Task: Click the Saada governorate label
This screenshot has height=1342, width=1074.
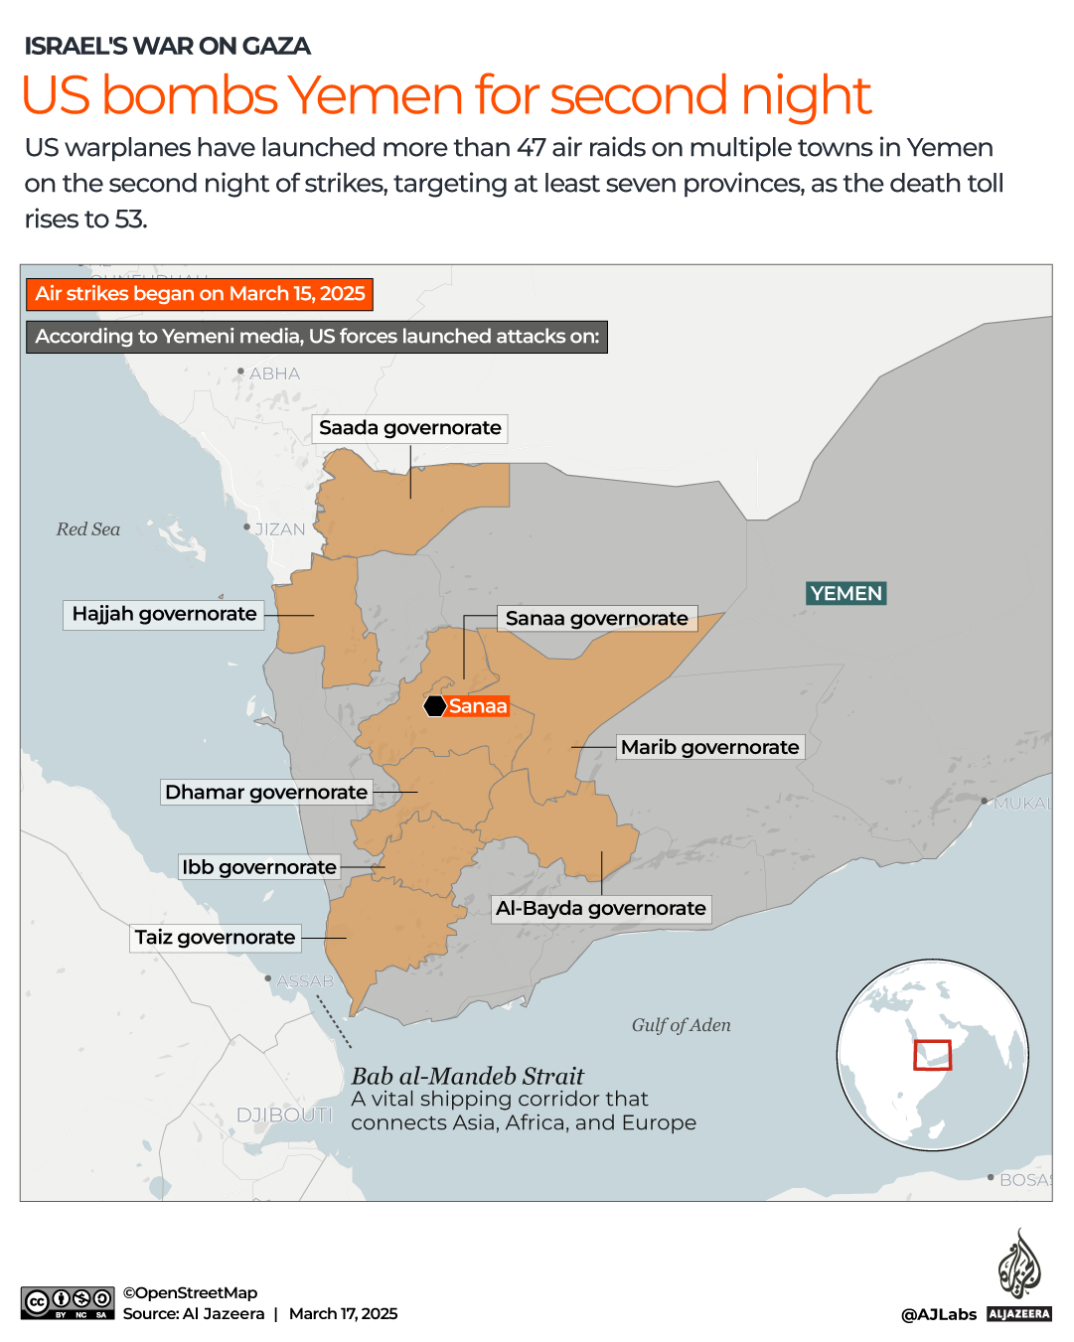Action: point(409,428)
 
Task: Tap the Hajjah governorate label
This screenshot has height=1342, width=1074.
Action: point(164,614)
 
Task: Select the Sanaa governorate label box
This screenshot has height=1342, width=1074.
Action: point(596,619)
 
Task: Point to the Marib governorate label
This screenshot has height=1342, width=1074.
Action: point(709,747)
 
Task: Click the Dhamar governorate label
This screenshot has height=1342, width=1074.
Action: point(266,792)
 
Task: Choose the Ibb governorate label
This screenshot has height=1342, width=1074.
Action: point(258,867)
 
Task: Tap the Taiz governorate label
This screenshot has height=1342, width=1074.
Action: point(215,938)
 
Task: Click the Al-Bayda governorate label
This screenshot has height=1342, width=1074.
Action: point(601,908)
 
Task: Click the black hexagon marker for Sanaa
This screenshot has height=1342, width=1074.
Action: point(435,706)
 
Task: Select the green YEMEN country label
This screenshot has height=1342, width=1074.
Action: point(845,593)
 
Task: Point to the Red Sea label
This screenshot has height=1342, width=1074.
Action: point(87,529)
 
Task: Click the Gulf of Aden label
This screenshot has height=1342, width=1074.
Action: point(681,1025)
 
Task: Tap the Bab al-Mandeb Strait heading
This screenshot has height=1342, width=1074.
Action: point(467,1076)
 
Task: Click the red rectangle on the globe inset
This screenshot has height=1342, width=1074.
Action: point(932,1055)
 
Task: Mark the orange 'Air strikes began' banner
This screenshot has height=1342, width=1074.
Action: point(200,294)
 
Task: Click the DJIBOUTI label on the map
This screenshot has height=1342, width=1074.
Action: point(284,1115)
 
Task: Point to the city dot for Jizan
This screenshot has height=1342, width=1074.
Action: point(247,527)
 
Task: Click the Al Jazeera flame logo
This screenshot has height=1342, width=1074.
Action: point(1018,1265)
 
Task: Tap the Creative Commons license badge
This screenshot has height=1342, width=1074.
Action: point(68,1302)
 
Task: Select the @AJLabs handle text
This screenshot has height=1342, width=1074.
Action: point(938,1314)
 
